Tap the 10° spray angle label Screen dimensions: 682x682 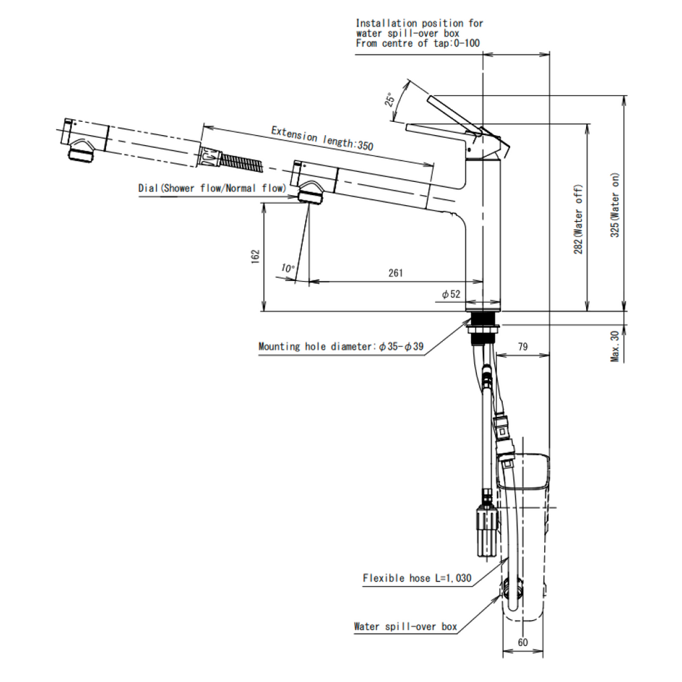(288, 268)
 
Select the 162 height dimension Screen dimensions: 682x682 (255, 257)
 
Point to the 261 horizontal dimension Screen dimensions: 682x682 (396, 273)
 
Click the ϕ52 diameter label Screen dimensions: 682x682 (451, 294)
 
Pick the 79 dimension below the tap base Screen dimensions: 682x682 (523, 346)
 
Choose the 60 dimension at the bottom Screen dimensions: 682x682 (523, 643)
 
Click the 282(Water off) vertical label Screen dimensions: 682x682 (579, 218)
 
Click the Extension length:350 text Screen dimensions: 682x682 (322, 138)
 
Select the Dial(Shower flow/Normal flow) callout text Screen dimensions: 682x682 (212, 188)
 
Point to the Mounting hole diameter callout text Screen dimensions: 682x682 (341, 346)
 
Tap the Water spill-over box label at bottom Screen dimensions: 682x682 (405, 627)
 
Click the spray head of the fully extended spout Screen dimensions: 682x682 (81, 151)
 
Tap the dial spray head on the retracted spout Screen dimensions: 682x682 (310, 194)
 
